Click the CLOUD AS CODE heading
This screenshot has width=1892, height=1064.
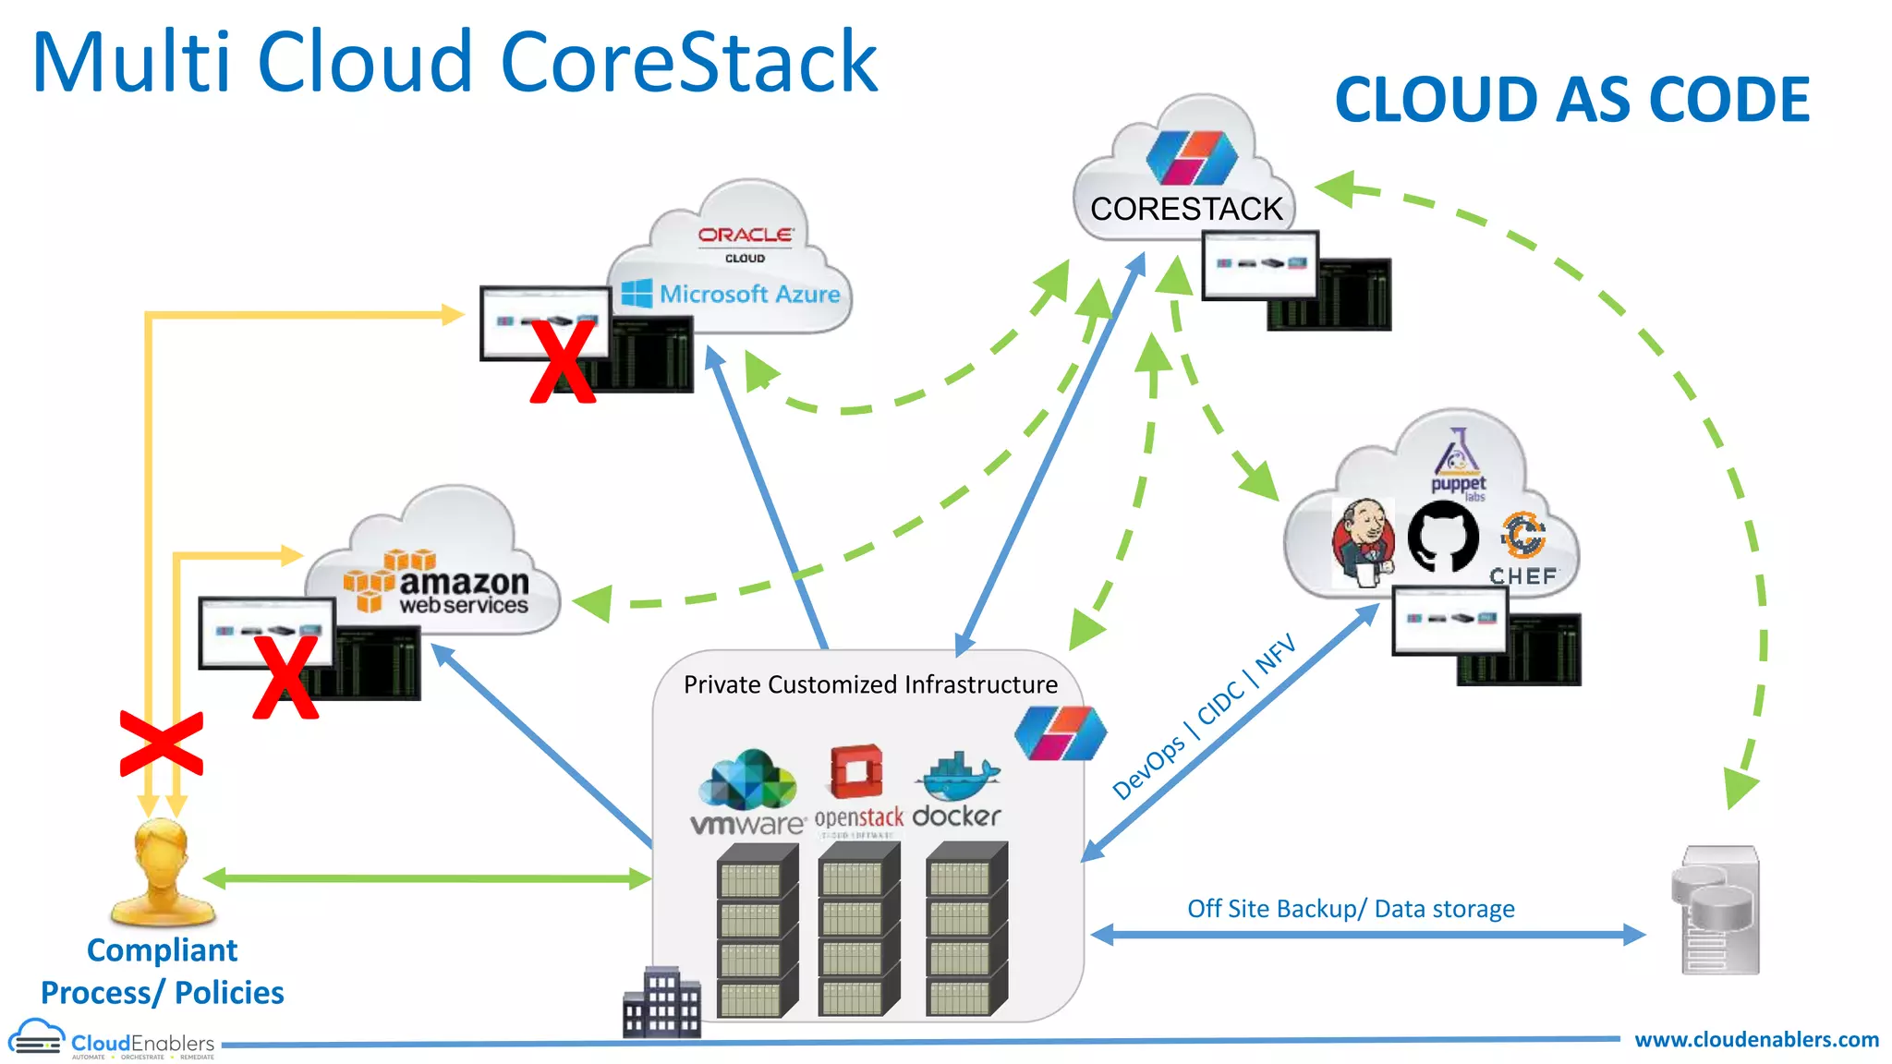click(x=1571, y=100)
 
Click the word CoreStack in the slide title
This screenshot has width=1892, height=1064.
click(x=688, y=63)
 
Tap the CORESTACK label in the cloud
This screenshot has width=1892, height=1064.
click(x=1186, y=209)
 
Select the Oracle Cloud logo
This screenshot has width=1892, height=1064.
click(x=745, y=243)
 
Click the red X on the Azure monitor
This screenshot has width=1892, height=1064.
click(x=563, y=362)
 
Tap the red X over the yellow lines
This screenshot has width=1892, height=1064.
click(x=162, y=744)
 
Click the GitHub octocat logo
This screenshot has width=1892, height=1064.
click(x=1442, y=536)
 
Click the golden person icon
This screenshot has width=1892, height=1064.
click(x=164, y=873)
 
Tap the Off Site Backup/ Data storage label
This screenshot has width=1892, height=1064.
click(x=1351, y=909)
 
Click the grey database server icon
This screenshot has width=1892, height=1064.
click(x=1716, y=910)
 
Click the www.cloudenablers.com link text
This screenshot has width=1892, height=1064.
click(x=1756, y=1040)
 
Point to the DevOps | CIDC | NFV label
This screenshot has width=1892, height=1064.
click(x=1204, y=717)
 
